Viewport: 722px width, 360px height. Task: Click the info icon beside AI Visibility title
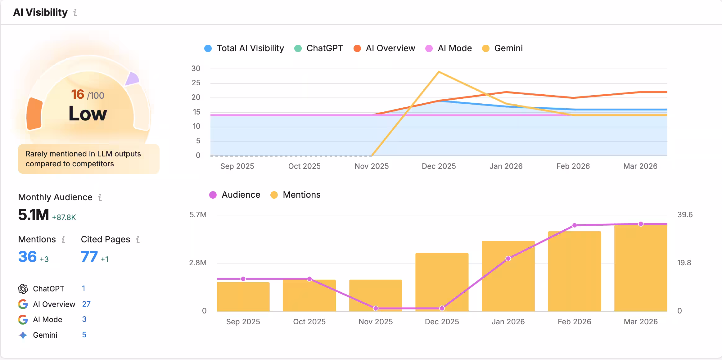pos(75,12)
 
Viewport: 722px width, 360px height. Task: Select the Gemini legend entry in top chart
pos(502,48)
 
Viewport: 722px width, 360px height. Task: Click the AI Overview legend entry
pos(384,48)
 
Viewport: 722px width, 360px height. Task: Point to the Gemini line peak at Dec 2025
pos(439,72)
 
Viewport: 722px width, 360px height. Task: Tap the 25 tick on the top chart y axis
pos(196,83)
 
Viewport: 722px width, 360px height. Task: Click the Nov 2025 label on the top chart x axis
pos(372,166)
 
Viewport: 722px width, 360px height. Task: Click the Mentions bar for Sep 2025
pos(243,296)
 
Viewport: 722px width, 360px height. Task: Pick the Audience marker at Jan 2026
pos(508,259)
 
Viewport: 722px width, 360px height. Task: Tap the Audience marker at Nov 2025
pos(376,308)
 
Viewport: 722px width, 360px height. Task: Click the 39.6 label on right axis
pos(685,215)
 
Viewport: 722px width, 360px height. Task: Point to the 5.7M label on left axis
pos(198,215)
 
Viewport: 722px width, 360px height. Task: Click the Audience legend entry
pos(235,195)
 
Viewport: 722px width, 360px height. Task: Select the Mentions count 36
pos(27,257)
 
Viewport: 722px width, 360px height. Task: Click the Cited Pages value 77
pos(89,257)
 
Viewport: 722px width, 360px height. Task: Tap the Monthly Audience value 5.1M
pos(33,215)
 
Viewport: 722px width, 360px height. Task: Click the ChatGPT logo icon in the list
pos(23,289)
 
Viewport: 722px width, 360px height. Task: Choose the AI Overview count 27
pos(86,304)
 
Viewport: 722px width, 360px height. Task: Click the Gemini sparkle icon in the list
pos(23,335)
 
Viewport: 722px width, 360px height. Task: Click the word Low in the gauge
pos(88,114)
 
